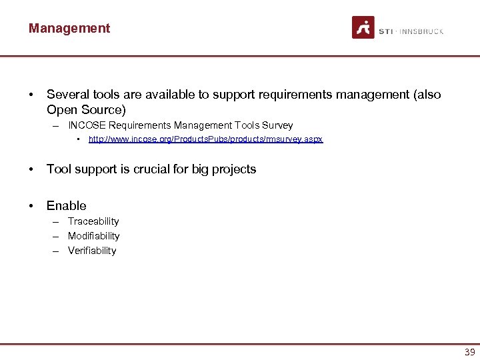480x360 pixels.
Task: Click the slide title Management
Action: [x=69, y=28]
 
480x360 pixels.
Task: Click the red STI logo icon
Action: [x=363, y=27]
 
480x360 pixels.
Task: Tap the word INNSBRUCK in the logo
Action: [x=423, y=31]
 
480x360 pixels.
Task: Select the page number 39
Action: [x=469, y=352]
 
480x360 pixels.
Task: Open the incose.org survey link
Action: [x=205, y=139]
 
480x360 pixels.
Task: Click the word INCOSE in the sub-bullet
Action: [x=87, y=125]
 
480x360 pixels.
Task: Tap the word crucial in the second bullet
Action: [x=151, y=169]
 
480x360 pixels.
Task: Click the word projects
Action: [x=234, y=169]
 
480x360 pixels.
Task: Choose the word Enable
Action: [x=67, y=206]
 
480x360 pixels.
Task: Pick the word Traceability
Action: [x=93, y=221]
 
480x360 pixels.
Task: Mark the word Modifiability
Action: [x=94, y=236]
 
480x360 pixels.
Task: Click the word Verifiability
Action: [x=92, y=251]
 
